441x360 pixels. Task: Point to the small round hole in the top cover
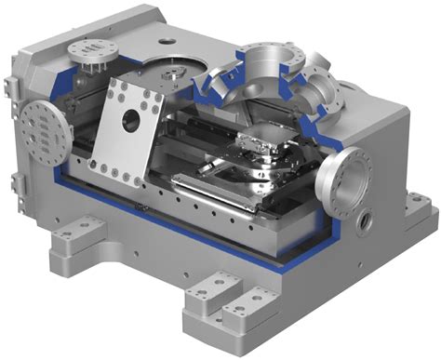[167, 41]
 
